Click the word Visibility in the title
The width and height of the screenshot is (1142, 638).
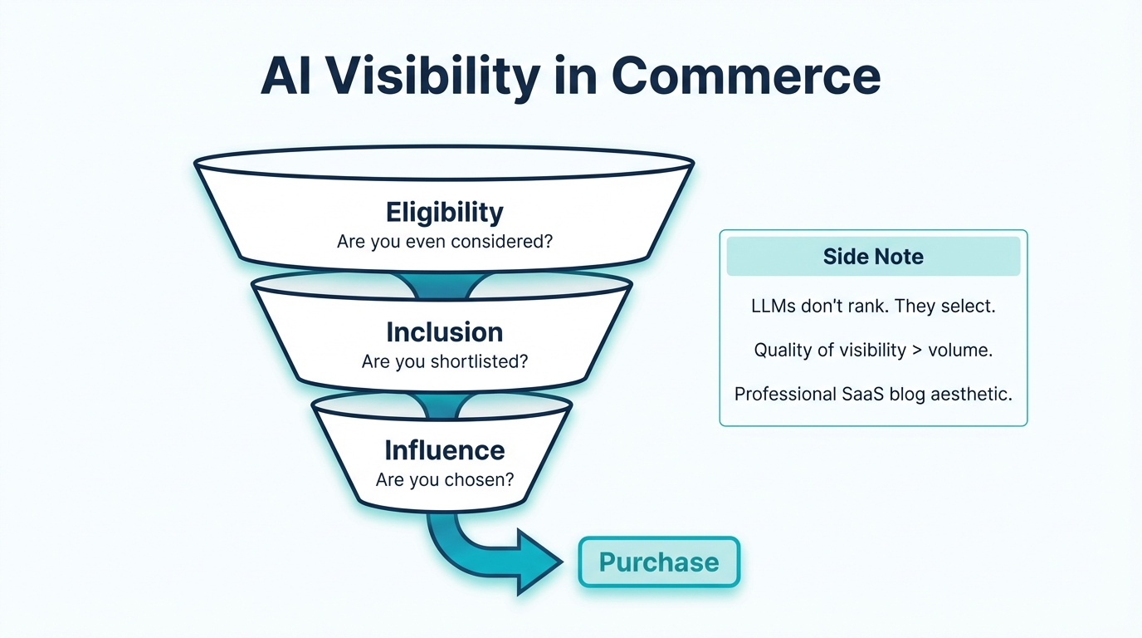pos(433,76)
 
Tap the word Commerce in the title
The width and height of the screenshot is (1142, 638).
pos(745,76)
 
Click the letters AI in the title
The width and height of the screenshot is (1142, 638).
pos(287,76)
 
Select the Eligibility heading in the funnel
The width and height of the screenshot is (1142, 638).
pos(444,213)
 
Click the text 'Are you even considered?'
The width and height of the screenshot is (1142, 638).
pos(444,243)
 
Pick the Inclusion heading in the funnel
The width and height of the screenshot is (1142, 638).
pos(444,332)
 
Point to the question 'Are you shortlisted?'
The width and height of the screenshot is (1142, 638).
pos(444,362)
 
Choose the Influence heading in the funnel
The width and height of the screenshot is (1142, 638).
pos(444,450)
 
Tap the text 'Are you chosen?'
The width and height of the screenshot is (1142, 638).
pos(444,480)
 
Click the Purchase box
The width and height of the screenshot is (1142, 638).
pos(658,562)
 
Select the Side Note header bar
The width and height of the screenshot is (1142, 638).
pos(873,257)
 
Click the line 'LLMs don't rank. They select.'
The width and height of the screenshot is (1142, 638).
pos(873,306)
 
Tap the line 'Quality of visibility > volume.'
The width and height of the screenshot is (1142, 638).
pos(873,351)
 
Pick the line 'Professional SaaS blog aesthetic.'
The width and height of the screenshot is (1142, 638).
pos(873,395)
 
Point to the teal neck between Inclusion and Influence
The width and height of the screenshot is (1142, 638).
pos(442,405)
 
